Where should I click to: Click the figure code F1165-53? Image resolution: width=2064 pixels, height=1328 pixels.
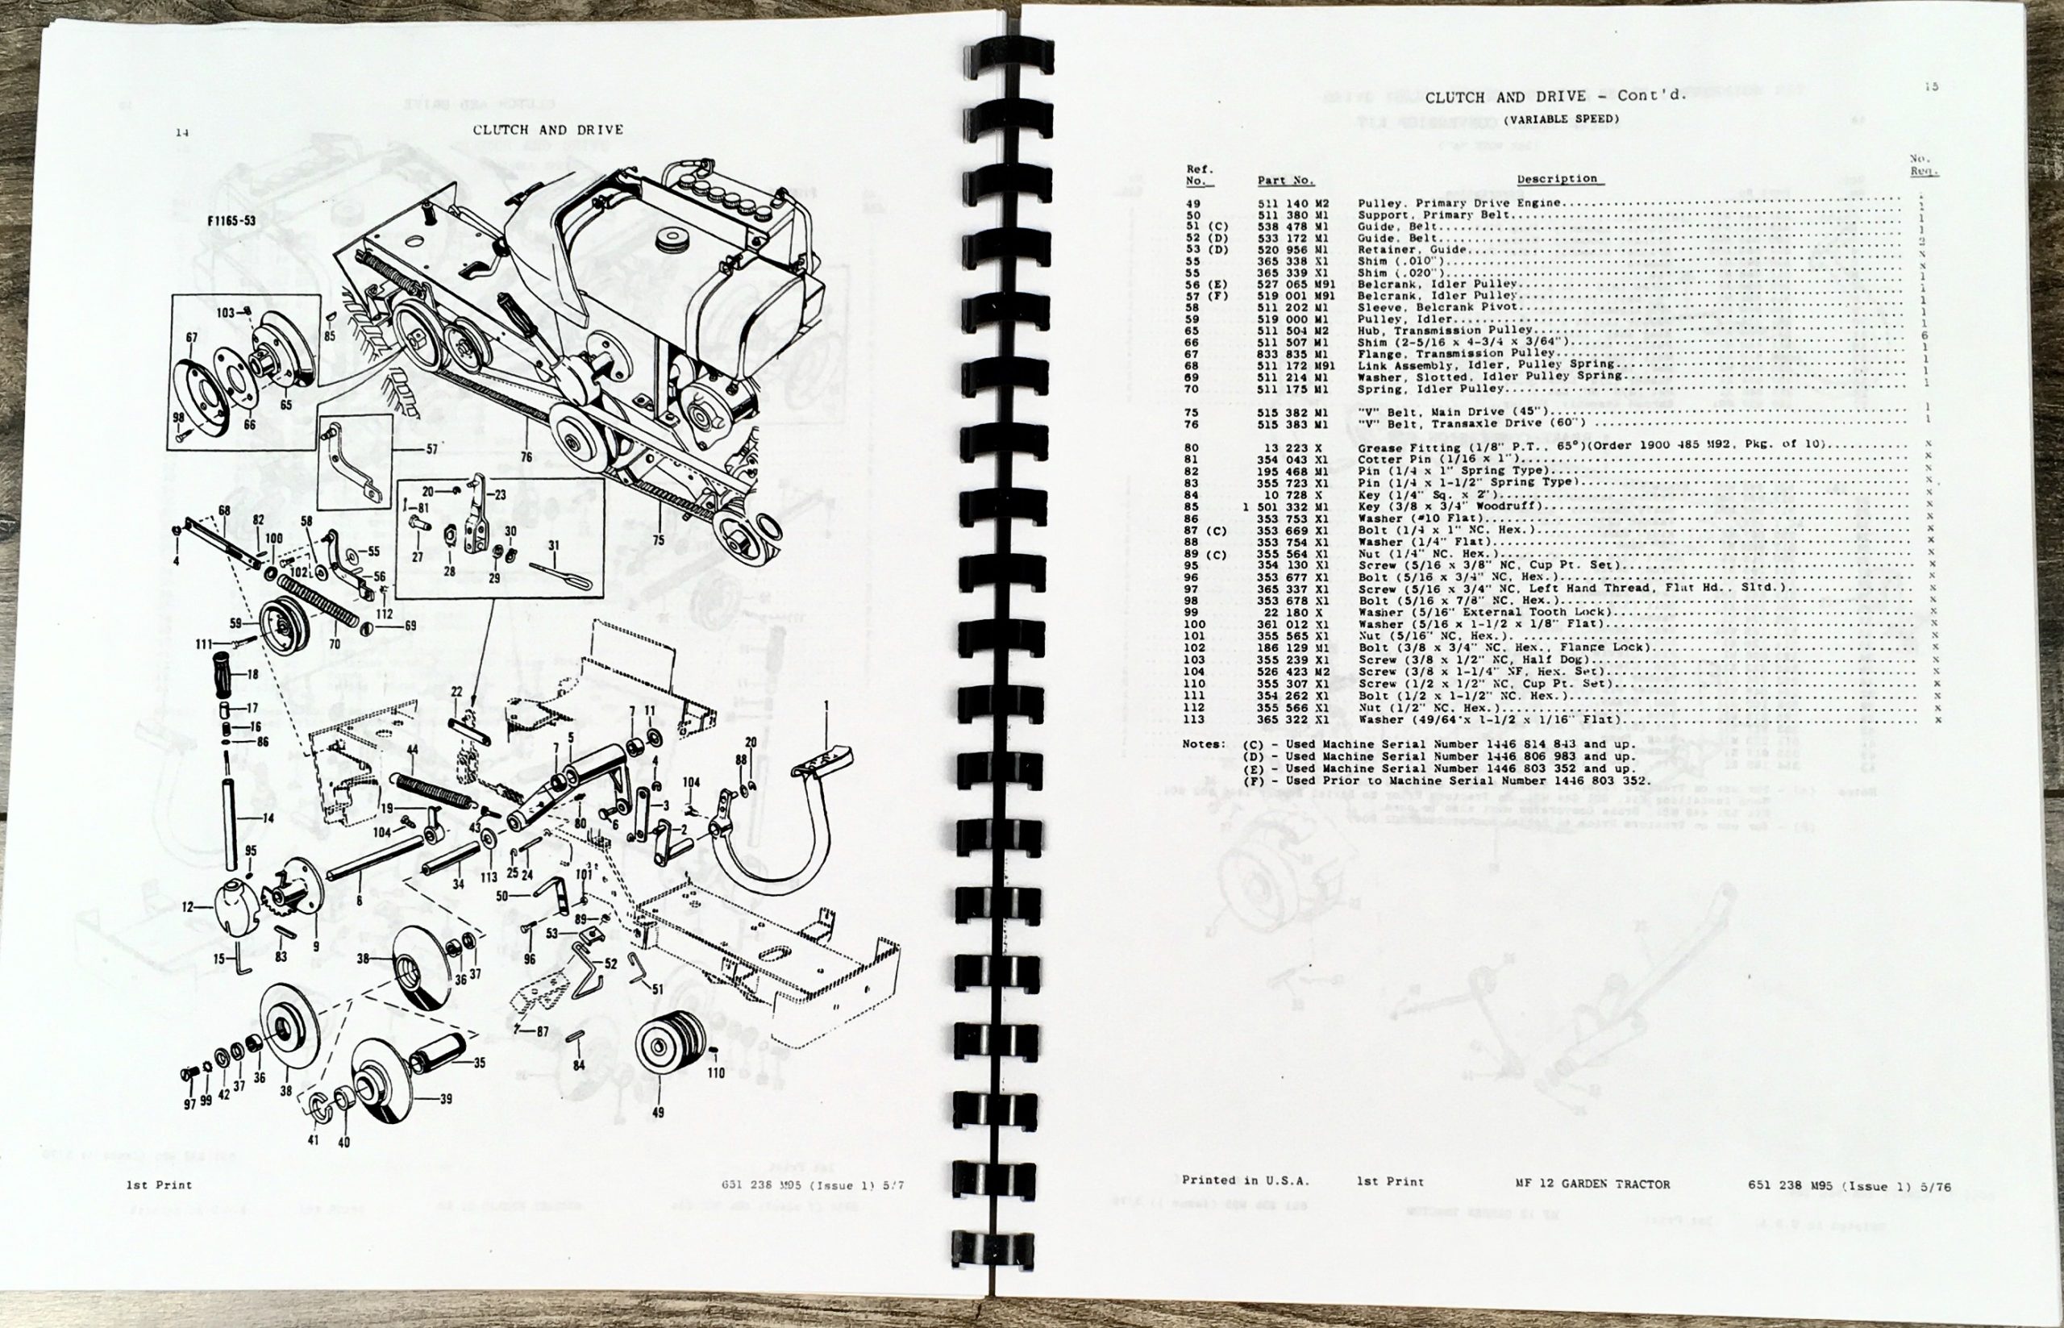click(231, 221)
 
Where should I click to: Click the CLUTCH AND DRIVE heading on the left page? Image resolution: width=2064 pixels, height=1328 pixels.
click(547, 130)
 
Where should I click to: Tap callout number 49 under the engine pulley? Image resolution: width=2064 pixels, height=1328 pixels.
click(658, 1112)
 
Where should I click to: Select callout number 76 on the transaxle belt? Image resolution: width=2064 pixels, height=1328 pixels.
click(526, 457)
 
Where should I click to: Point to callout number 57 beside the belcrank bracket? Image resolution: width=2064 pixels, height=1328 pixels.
click(432, 449)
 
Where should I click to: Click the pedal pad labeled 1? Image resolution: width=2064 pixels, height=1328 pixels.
click(823, 758)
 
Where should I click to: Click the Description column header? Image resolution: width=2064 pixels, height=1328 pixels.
click(1556, 179)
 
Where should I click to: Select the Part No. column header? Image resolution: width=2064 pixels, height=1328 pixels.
click(1284, 181)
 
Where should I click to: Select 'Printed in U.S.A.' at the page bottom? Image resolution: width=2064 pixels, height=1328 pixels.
click(1244, 1180)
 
